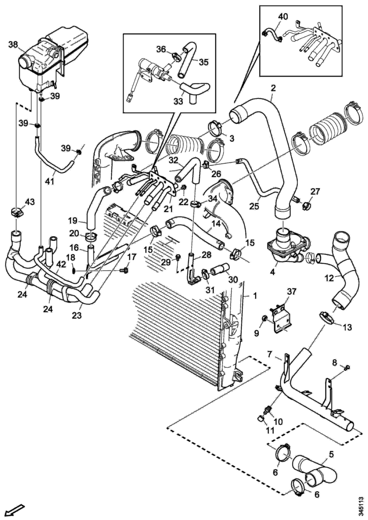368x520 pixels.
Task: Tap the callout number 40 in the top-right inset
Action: click(283, 16)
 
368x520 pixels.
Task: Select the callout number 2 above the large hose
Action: click(273, 88)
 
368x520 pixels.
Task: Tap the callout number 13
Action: click(347, 328)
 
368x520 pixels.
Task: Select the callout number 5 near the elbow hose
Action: click(331, 453)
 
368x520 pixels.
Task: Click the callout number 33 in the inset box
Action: click(178, 102)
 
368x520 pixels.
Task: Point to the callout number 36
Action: click(162, 49)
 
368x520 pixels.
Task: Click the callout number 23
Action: click(76, 315)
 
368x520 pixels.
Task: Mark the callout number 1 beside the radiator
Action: click(255, 296)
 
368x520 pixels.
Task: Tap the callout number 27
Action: click(315, 191)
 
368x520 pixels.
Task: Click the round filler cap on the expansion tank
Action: click(25, 62)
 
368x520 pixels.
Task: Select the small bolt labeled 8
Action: click(347, 368)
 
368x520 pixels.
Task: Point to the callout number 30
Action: click(233, 280)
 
